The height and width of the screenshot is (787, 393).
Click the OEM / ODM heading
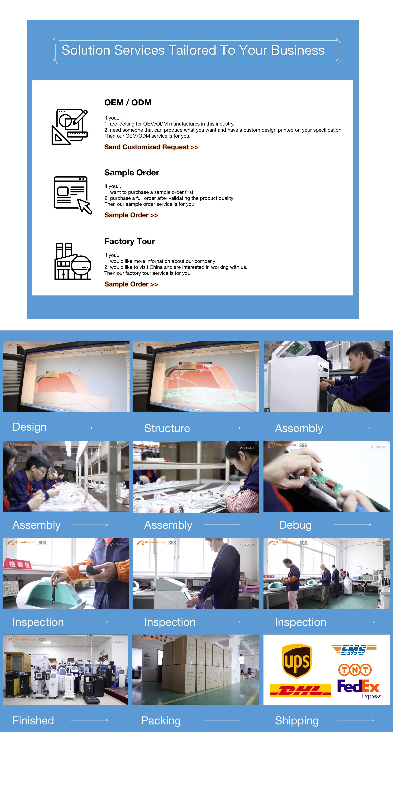click(128, 103)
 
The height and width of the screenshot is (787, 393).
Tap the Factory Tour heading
click(130, 241)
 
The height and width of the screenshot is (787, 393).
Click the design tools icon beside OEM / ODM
click(70, 126)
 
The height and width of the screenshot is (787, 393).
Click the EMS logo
click(354, 650)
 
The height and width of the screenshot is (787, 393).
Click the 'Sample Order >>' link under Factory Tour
click(131, 284)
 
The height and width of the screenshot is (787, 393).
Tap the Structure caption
click(167, 428)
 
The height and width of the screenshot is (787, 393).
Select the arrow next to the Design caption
click(74, 428)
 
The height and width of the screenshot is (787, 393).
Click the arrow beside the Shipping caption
click(356, 720)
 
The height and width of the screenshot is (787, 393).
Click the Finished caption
click(33, 720)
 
